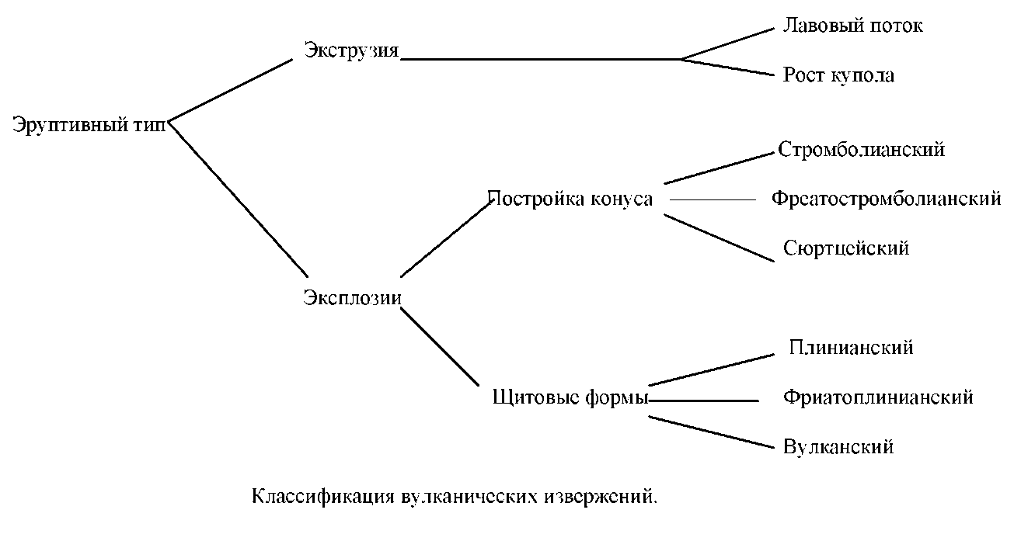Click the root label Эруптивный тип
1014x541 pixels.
click(x=89, y=125)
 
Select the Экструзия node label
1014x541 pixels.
click(x=351, y=51)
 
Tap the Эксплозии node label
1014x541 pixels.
click(x=353, y=297)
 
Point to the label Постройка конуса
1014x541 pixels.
click(x=570, y=199)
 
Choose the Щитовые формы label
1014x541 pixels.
click(x=570, y=399)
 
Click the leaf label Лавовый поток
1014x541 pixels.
click(x=853, y=26)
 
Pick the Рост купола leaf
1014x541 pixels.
click(x=838, y=75)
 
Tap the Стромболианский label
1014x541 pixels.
click(x=862, y=149)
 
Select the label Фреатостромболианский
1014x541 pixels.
click(x=886, y=199)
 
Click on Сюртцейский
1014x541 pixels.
click(x=846, y=248)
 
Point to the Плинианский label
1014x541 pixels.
click(x=851, y=348)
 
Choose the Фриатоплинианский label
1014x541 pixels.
click(x=878, y=397)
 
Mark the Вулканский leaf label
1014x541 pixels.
click(x=838, y=447)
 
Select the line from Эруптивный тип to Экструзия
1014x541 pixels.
click(x=230, y=90)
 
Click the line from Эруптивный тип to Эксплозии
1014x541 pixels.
click(x=239, y=199)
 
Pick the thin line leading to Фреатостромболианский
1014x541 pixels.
click(x=713, y=199)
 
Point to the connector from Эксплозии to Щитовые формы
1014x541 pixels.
click(x=439, y=346)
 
